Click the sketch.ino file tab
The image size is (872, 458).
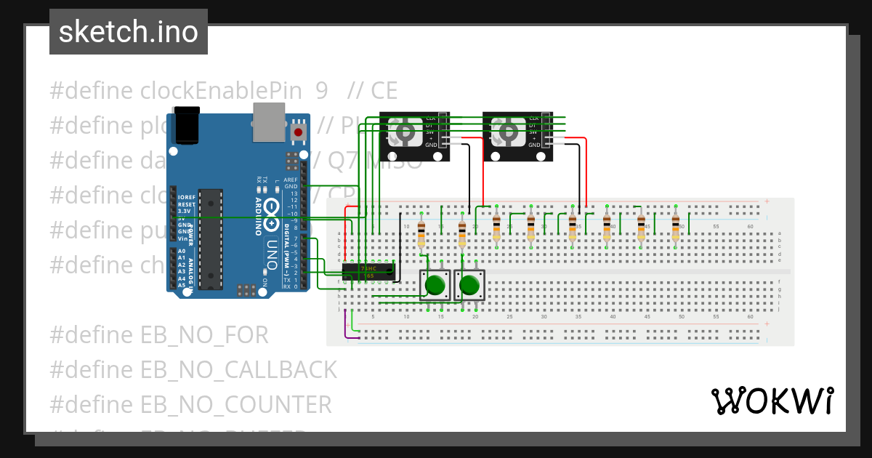pyautogui.click(x=128, y=32)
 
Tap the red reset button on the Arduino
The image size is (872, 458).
pyautogui.click(x=298, y=132)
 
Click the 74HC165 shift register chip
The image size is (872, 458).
pyautogui.click(x=368, y=272)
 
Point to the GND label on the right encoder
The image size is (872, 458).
pyautogui.click(x=534, y=145)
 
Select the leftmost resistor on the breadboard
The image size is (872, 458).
pyautogui.click(x=421, y=234)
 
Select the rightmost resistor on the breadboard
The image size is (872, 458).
pyautogui.click(x=675, y=228)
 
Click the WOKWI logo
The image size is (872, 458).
pyautogui.click(x=772, y=401)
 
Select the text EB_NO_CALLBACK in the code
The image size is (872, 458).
pyautogui.click(x=238, y=370)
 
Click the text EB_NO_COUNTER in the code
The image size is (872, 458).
pyautogui.click(x=235, y=404)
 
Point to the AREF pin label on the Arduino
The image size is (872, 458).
pyautogui.click(x=291, y=180)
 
